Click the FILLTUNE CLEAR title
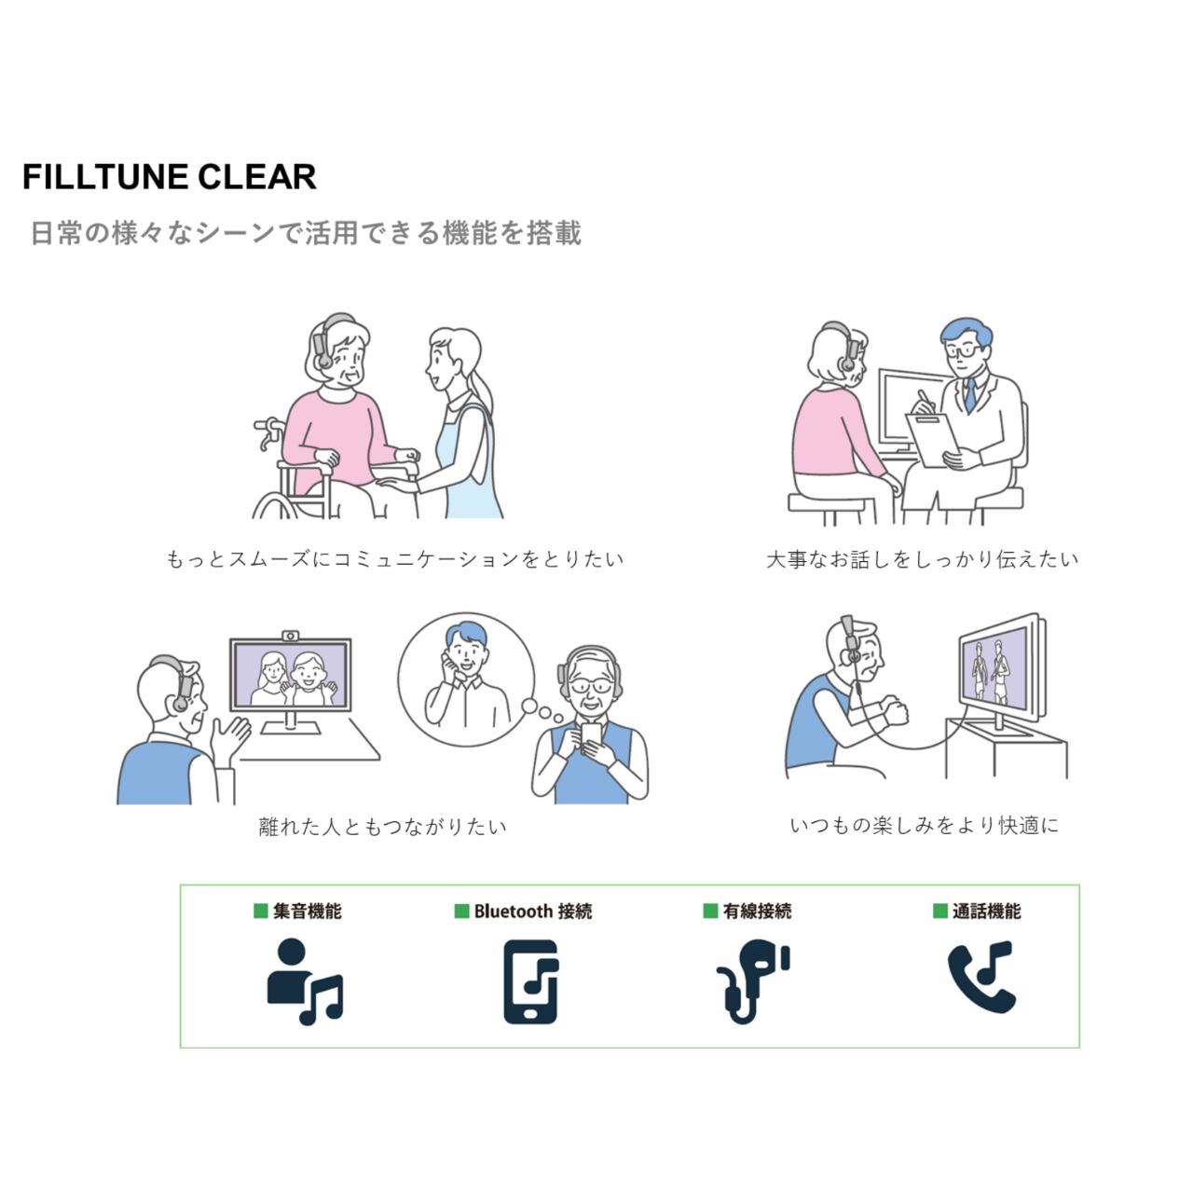pos(169,177)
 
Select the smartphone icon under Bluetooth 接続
pos(531,981)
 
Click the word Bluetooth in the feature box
pos(513,911)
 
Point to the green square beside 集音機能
pos(261,911)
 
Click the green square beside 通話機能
pos(939,911)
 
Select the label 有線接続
pos(757,911)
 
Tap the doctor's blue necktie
pos(969,395)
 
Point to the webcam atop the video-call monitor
pos(291,636)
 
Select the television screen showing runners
pos(994,667)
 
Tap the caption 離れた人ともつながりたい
pos(382,827)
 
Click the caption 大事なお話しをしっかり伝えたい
pos(922,559)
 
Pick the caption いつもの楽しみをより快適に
pos(924,825)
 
